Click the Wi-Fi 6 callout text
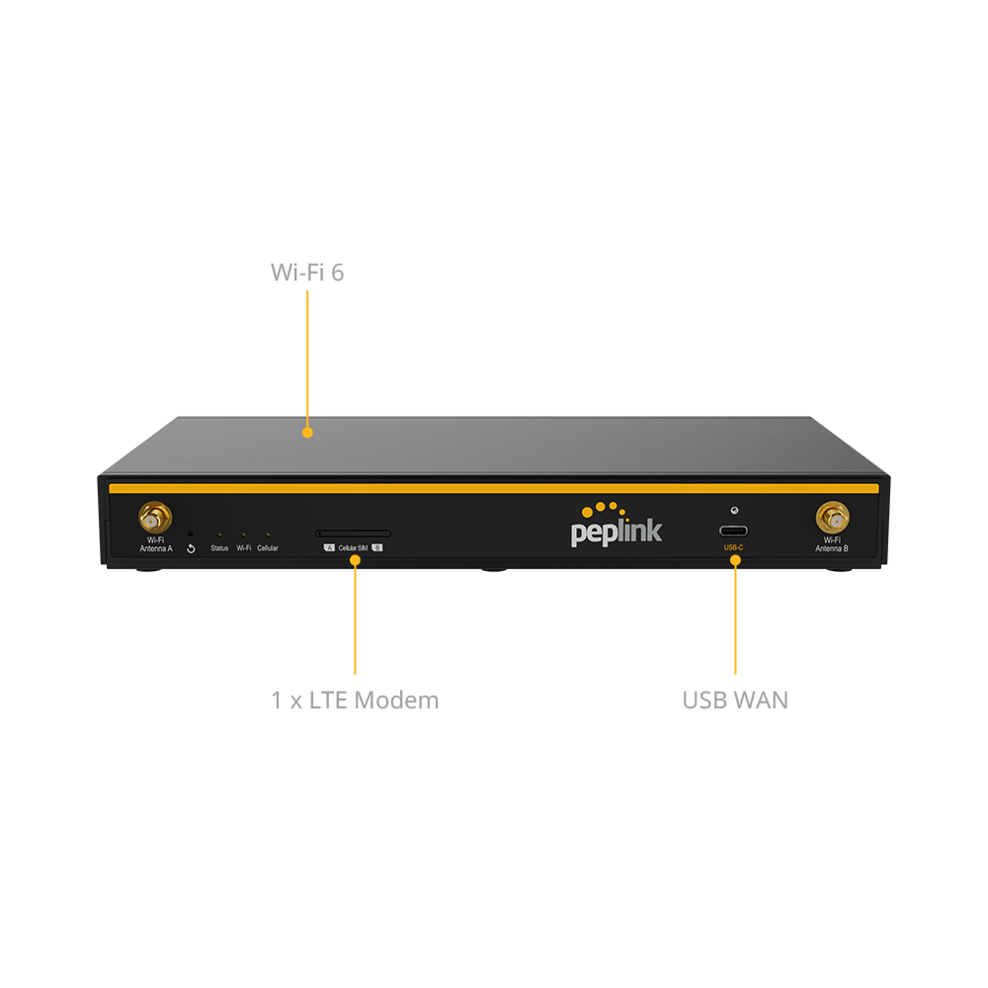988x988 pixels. [x=307, y=273]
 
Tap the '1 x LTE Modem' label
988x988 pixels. [x=355, y=700]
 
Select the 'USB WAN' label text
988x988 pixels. [x=735, y=700]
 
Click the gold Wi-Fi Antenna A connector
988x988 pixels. [x=154, y=517]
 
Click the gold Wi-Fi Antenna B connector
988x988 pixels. [x=833, y=517]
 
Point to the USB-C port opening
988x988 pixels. [x=733, y=530]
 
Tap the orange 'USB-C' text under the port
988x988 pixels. [x=733, y=546]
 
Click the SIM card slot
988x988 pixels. [x=353, y=534]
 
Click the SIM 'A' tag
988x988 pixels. [x=329, y=547]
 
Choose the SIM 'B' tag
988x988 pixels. [x=377, y=547]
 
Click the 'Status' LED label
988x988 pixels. [x=219, y=548]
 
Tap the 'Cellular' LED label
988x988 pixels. [x=268, y=548]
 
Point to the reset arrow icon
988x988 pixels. [x=191, y=548]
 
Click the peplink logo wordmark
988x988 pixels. [x=617, y=532]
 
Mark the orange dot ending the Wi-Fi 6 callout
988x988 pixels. [x=307, y=432]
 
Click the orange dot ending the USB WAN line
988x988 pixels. [x=735, y=560]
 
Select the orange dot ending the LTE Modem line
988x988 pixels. [x=355, y=560]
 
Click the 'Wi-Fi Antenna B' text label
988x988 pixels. [x=833, y=544]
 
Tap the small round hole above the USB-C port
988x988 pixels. [x=733, y=511]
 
